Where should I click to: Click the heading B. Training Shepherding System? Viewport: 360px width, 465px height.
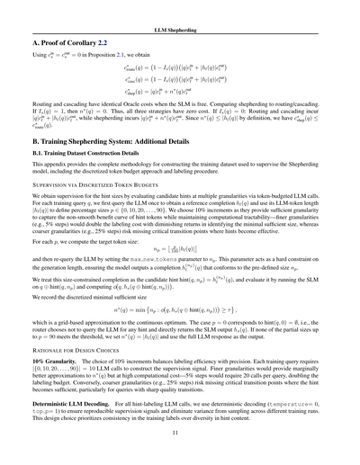pyautogui.click(x=116, y=141)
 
